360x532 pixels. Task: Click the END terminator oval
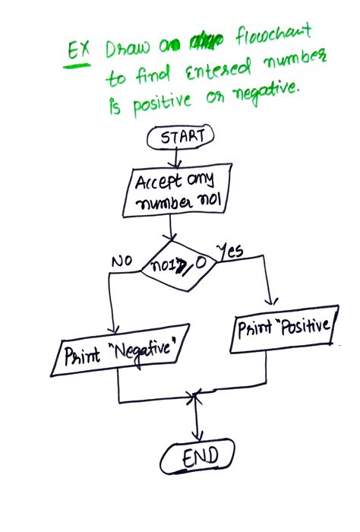[199, 457]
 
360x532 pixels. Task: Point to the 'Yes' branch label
[231, 251]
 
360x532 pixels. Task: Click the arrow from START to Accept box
[178, 158]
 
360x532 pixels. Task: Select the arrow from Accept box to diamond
[175, 227]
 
